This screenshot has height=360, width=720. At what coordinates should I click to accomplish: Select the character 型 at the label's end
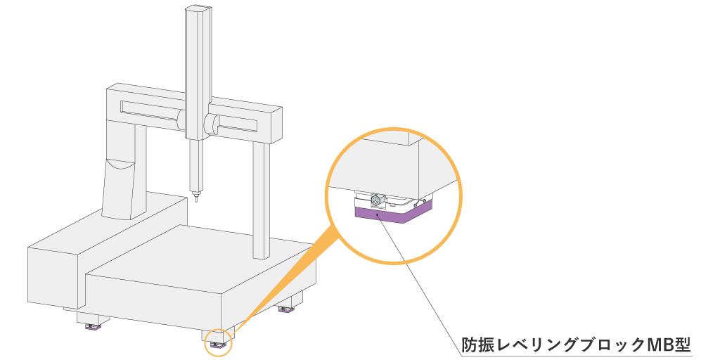[683, 345]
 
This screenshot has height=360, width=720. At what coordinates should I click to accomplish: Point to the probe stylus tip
[196, 200]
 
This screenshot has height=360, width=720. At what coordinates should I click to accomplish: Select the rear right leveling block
[286, 309]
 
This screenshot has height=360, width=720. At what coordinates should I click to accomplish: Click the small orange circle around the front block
[218, 344]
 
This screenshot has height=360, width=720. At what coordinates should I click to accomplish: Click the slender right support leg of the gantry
[260, 200]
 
